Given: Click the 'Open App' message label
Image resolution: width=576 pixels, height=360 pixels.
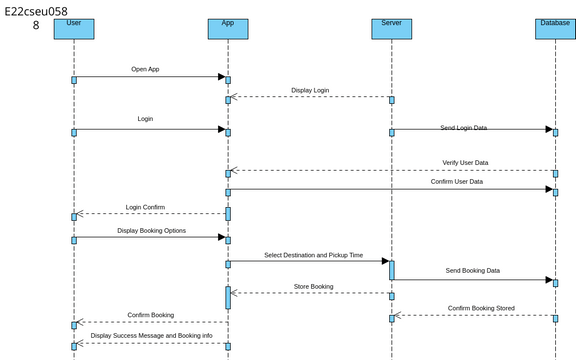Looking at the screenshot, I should click(145, 70).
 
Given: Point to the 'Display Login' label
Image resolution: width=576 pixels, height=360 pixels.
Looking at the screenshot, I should click(310, 91).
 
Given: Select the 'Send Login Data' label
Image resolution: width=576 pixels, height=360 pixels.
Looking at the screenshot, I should click(465, 128).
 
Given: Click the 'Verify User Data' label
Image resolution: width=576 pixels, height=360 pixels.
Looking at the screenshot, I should click(465, 162).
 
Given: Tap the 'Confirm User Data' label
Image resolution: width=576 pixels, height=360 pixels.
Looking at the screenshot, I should click(463, 182).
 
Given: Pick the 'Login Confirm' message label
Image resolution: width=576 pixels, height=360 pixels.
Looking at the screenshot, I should click(145, 207).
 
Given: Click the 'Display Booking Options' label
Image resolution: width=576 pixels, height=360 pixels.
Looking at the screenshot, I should click(151, 230).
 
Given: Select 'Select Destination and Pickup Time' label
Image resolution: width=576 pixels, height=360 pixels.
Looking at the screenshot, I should click(313, 255).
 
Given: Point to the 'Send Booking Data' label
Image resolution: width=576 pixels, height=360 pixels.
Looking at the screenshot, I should click(473, 271).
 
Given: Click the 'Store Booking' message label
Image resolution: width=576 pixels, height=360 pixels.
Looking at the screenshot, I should click(314, 287).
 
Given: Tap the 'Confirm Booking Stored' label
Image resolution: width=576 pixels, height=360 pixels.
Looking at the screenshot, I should click(481, 308).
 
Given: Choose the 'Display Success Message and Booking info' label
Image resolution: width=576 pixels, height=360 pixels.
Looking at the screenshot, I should click(151, 336).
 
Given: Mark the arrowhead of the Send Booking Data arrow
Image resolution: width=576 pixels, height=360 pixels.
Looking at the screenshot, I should click(548, 280).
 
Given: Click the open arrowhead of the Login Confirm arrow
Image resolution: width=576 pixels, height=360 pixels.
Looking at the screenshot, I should click(81, 214).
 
